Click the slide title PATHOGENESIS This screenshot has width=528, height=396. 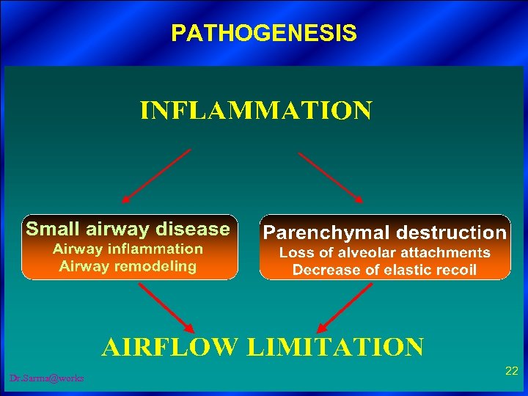pos(264,33)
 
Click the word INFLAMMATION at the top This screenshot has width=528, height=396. pos(256,111)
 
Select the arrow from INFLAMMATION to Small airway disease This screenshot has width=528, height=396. pos(155,176)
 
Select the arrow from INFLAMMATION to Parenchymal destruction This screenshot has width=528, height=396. pos(331,177)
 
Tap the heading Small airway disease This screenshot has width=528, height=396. pos(128,230)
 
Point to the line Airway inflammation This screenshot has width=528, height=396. pos(128,249)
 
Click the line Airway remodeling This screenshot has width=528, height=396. pos(128,266)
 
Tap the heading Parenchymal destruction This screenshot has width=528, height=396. pos(384,233)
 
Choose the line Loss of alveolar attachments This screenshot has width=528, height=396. pos(384,253)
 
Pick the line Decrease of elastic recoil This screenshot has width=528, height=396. pos(384,270)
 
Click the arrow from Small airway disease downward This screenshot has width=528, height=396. pos(166,307)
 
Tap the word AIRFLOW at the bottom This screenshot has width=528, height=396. pos(169,346)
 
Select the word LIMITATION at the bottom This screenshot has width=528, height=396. pos(335,346)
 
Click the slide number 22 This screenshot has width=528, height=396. pos(512,372)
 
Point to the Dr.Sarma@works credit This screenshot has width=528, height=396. pos(47,378)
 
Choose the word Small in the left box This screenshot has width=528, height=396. pos(47,230)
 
